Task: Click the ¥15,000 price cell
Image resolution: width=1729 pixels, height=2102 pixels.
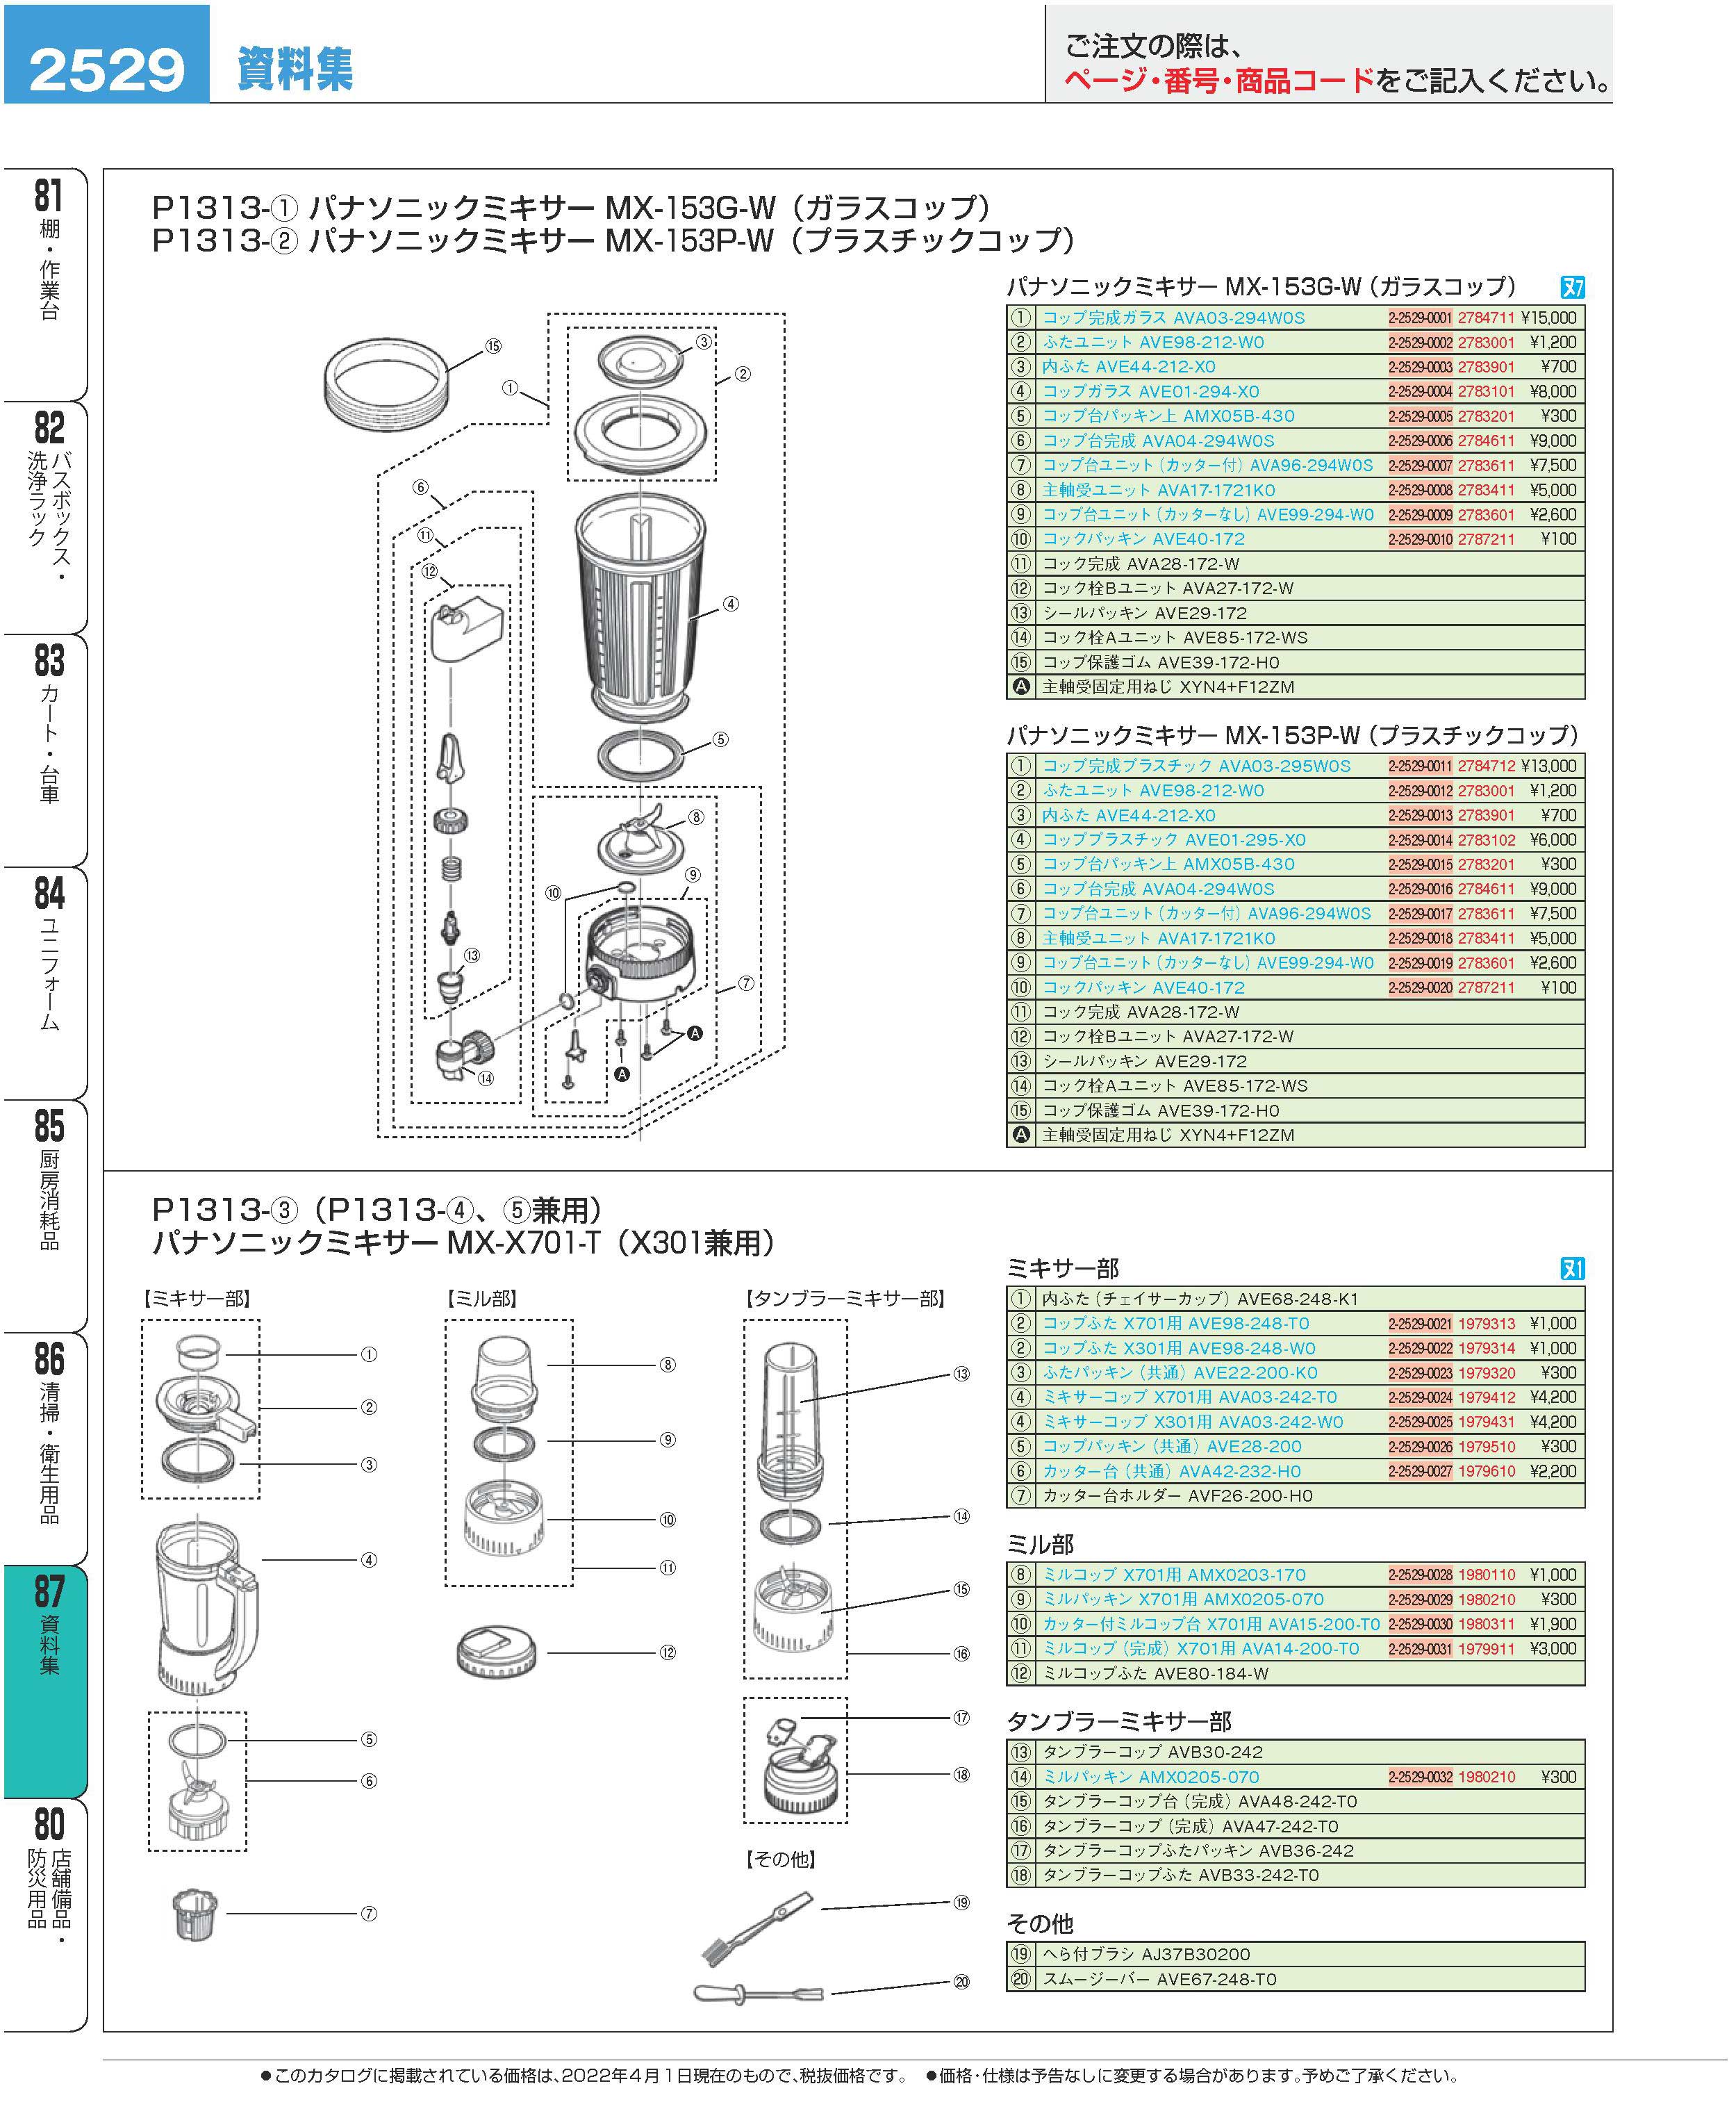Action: click(1548, 318)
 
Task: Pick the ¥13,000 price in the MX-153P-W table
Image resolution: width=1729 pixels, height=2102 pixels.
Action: click(1548, 766)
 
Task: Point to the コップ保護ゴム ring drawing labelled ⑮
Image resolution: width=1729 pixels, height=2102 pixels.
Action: click(388, 384)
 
